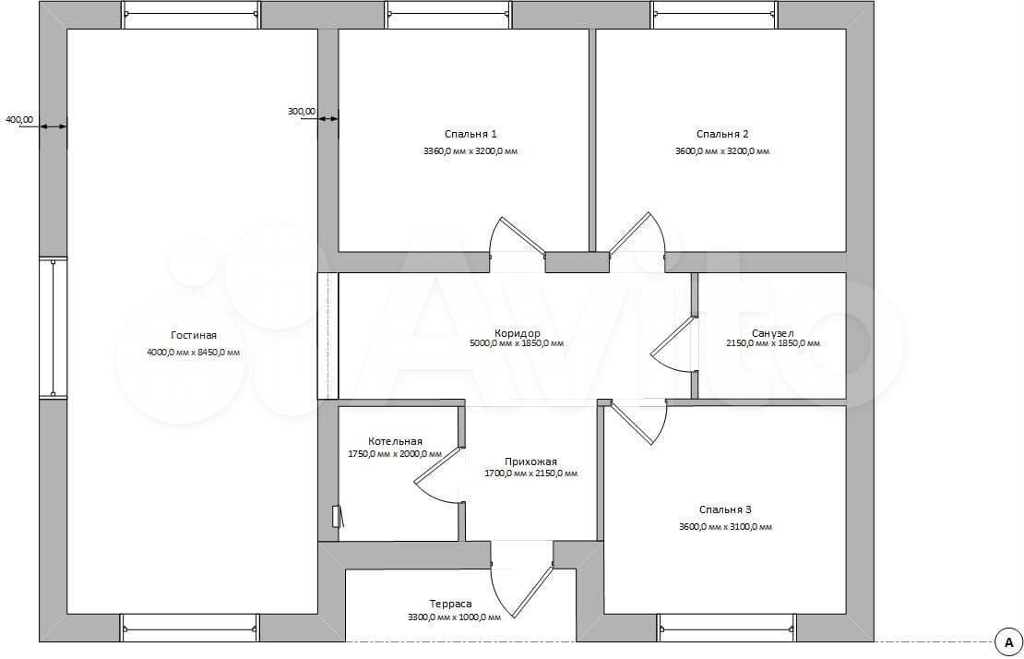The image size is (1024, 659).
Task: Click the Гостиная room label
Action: click(x=194, y=335)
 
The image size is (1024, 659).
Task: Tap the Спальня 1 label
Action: click(x=470, y=134)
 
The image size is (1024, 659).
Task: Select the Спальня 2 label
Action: click(x=722, y=134)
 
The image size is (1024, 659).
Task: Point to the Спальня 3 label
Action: click(x=725, y=509)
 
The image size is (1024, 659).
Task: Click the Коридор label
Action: click(x=518, y=333)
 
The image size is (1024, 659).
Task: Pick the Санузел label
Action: click(x=772, y=333)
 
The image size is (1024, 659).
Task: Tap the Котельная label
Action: click(x=395, y=441)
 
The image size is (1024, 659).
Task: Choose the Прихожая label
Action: click(x=531, y=461)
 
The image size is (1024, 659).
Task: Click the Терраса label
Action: click(x=450, y=605)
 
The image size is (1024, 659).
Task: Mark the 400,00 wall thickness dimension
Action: click(x=19, y=119)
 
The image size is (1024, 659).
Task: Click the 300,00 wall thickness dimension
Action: click(x=301, y=112)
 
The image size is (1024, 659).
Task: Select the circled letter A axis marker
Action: click(x=1008, y=641)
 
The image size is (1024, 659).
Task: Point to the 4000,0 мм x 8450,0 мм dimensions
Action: click(x=194, y=352)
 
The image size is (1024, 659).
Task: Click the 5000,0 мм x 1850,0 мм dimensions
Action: click(x=517, y=343)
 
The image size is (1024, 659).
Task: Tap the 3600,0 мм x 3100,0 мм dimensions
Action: click(x=725, y=526)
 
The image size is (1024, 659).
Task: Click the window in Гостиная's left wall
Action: click(x=53, y=328)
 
